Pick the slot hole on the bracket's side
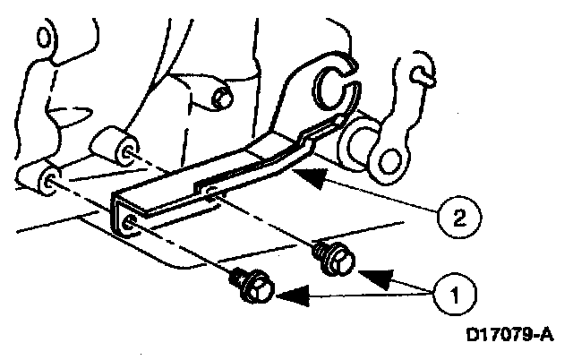[209, 190]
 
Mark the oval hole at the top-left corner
[39, 39]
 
